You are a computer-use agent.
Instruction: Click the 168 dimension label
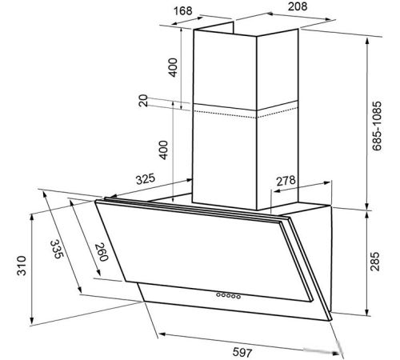(x=183, y=11)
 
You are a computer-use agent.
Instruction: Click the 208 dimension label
(x=298, y=6)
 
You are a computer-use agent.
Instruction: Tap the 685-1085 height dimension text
(x=377, y=126)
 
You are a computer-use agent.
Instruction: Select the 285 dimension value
(x=374, y=262)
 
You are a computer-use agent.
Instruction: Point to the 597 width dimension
(x=242, y=352)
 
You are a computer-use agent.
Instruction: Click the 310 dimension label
(x=22, y=266)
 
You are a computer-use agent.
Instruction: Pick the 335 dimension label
(x=57, y=249)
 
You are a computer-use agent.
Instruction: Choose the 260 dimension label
(x=102, y=252)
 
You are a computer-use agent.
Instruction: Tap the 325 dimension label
(x=146, y=179)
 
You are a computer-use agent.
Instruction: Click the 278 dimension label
(x=286, y=181)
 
